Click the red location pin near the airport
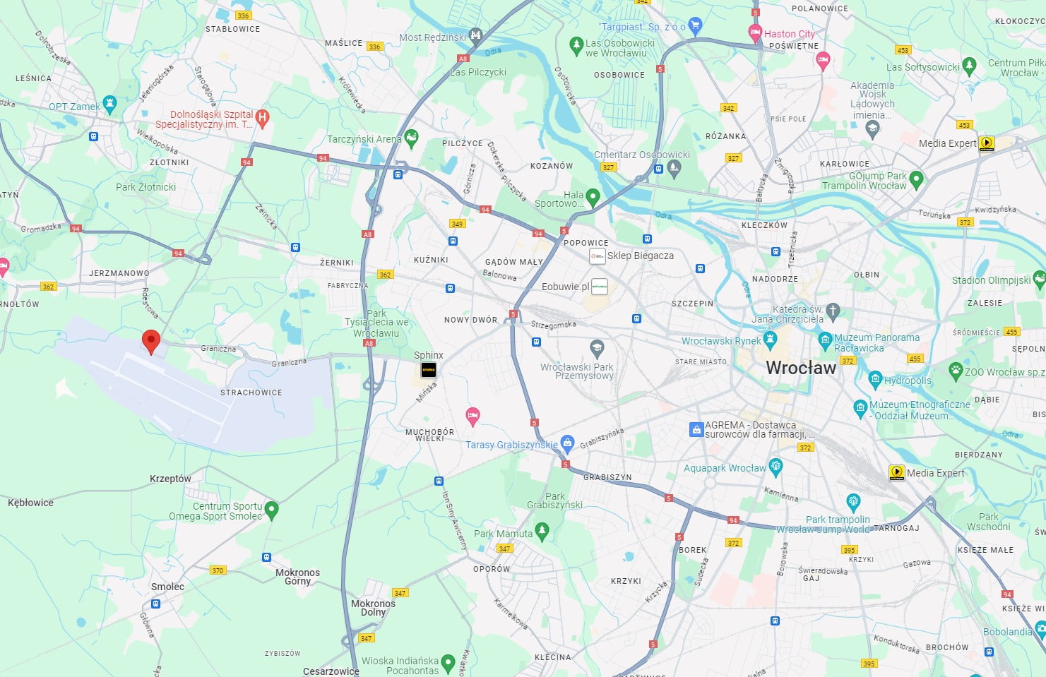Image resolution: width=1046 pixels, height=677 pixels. tap(150, 341)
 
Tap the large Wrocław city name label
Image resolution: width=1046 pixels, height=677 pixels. tap(801, 368)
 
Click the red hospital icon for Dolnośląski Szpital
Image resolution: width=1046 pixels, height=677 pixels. tap(262, 118)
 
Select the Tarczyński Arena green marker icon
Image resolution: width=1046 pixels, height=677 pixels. tap(411, 138)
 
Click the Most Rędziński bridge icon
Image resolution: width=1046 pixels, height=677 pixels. tap(475, 35)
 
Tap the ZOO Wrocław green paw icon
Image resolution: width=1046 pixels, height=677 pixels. tap(956, 370)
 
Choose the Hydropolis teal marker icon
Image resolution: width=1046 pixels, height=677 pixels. tap(875, 379)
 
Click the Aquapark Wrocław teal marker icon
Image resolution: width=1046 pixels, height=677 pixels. tap(775, 466)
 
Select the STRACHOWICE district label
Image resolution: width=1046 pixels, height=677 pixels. tap(251, 393)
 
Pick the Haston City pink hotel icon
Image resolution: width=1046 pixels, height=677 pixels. tap(754, 32)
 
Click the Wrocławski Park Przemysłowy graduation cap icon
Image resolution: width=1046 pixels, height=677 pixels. tap(597, 347)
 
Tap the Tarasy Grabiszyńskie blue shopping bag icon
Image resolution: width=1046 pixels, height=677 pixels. tap(566, 443)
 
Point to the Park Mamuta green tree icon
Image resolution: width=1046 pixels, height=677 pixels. tap(542, 531)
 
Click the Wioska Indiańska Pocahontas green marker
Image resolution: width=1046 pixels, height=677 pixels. tap(447, 663)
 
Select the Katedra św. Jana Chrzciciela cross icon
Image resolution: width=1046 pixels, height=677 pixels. tap(833, 311)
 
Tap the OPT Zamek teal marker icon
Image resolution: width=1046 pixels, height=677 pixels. tap(109, 104)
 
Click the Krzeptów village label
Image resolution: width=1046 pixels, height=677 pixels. tap(170, 479)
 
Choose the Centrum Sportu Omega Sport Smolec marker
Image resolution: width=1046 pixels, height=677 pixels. tap(271, 509)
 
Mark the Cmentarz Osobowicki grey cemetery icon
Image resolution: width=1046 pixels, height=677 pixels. tap(673, 167)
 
